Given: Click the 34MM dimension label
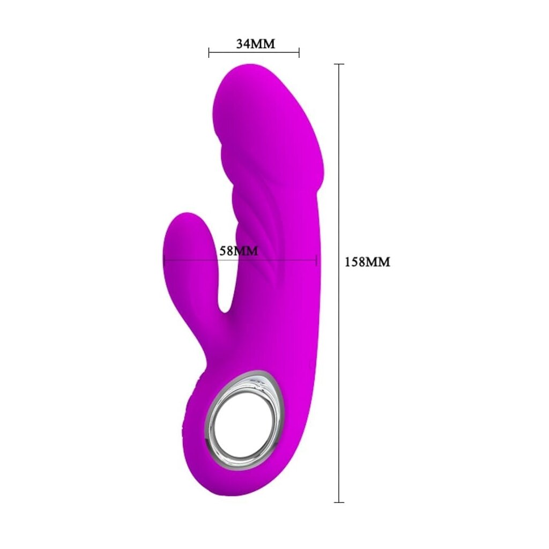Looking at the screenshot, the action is coord(256,44).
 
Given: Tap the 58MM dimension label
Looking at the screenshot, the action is coord(239,251).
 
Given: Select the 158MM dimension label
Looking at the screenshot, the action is coord(367,262).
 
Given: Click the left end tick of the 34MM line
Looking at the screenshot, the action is coord(209,53).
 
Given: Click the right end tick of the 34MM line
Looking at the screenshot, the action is coord(299,53).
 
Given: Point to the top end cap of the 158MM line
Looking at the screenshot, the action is coord(339,64).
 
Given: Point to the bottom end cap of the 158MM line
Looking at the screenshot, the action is coord(339,502).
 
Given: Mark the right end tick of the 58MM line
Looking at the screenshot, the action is coord(316,260).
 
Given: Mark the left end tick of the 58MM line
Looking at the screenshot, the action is coord(164,260).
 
